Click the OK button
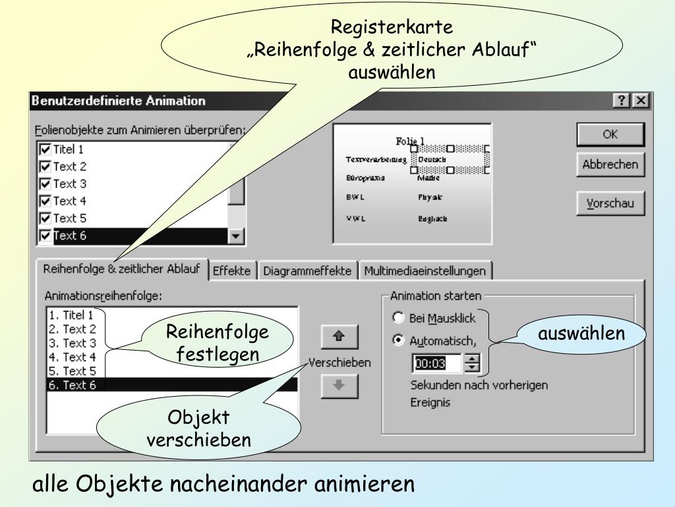coord(610,134)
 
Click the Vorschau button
coord(610,203)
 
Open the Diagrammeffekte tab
coord(307,271)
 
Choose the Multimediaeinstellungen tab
coord(425,271)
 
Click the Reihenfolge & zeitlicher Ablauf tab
coord(121,269)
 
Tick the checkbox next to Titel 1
coord(45,150)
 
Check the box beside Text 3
coord(45,184)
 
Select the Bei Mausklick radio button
coord(398,318)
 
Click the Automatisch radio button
coord(398,341)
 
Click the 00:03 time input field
coord(436,362)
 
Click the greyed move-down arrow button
coord(339,386)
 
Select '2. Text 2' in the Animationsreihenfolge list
coord(73,329)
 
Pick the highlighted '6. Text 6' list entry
coord(73,386)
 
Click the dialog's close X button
coord(639,101)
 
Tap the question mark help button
coord(621,101)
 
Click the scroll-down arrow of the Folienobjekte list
coord(236,236)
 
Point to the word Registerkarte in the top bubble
coord(392,28)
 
